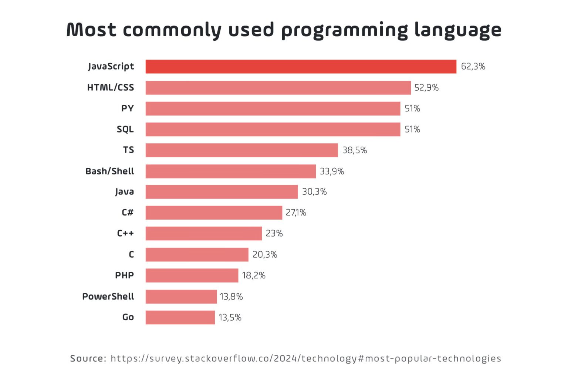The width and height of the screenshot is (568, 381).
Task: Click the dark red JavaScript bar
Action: [x=301, y=67]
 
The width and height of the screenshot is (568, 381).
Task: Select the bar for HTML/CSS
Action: [x=278, y=88]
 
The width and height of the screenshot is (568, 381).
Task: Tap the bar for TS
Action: [x=241, y=150]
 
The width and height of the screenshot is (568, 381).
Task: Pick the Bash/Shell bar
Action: [x=230, y=171]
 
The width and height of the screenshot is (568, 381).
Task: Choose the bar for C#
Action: [x=214, y=213]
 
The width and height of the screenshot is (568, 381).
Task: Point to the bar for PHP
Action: [x=192, y=275]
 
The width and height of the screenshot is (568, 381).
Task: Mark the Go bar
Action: [x=180, y=318]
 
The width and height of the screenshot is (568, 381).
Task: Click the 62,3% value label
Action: [x=473, y=67]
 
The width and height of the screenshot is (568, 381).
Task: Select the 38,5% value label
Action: [x=355, y=150]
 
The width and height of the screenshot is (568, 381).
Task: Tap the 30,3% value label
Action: [x=314, y=192]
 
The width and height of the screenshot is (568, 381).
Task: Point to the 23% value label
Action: [x=274, y=234]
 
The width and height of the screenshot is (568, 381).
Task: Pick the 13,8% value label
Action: [x=231, y=297]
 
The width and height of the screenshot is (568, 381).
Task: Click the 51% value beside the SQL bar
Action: [x=412, y=130]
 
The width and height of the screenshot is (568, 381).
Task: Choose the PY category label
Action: [x=128, y=108]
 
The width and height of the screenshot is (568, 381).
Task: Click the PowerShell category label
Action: [x=108, y=297]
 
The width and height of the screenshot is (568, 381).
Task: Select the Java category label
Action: [x=125, y=192]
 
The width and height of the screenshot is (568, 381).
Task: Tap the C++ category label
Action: [x=125, y=234]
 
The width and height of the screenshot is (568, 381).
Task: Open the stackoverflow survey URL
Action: [x=306, y=358]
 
